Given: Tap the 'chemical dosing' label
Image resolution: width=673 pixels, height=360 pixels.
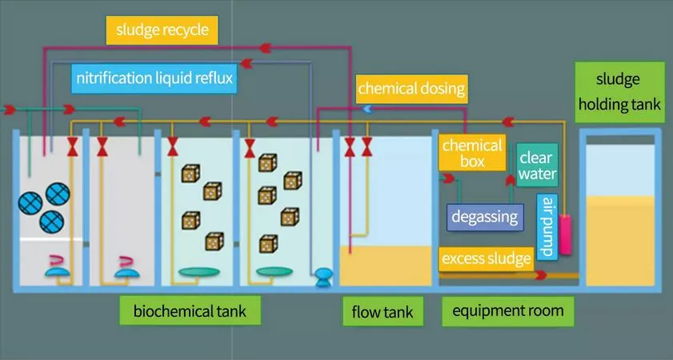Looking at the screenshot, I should (411, 86).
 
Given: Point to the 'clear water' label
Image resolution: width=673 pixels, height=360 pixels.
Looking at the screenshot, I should (537, 164).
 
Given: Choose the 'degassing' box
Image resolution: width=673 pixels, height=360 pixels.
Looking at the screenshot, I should (485, 216).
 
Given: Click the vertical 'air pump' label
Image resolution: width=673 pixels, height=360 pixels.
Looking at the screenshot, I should (547, 226).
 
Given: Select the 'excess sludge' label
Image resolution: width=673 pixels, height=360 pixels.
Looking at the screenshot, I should (486, 258).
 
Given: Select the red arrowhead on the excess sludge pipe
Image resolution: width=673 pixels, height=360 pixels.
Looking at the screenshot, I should (541, 274).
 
